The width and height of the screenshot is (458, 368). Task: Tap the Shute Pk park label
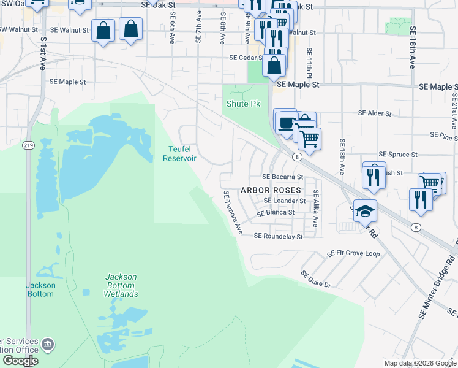click(x=244, y=104)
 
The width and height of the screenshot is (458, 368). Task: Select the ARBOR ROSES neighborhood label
click(x=272, y=190)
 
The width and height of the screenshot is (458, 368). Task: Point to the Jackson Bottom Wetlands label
click(x=121, y=285)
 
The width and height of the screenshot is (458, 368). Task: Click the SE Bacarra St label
click(x=283, y=177)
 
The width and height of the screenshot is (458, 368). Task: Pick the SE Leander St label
click(x=284, y=201)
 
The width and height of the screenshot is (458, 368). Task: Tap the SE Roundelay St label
click(x=278, y=236)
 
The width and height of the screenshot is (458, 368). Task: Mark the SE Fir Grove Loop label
click(x=353, y=253)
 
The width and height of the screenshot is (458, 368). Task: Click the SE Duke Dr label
click(x=315, y=280)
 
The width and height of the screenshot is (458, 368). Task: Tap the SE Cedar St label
click(x=246, y=58)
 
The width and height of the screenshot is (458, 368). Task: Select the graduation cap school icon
click(x=366, y=211)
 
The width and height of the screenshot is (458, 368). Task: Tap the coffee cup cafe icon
click(x=285, y=123)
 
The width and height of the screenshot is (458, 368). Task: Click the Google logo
click(x=20, y=361)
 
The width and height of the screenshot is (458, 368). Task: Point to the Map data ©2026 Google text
click(x=419, y=363)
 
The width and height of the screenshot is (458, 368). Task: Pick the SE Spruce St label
click(x=398, y=155)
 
